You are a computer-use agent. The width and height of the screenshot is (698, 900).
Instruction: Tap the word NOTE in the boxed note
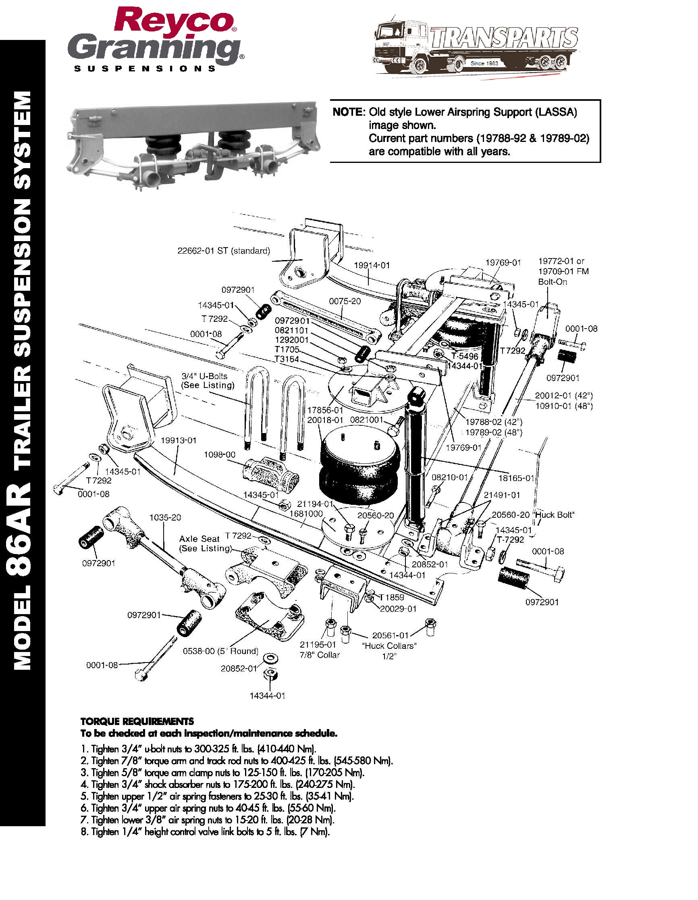click(x=348, y=112)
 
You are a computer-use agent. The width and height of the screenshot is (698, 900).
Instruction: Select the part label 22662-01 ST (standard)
click(x=224, y=250)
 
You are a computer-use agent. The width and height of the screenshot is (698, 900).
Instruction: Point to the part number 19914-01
click(x=372, y=265)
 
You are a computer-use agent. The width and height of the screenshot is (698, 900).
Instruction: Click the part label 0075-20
click(x=345, y=301)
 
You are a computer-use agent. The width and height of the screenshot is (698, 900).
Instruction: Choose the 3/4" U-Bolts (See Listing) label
click(x=208, y=380)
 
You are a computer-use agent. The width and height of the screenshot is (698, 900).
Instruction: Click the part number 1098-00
click(x=220, y=454)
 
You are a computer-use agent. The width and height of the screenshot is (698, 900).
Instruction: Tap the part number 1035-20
click(x=165, y=517)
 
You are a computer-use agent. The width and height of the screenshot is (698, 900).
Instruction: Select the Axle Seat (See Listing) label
click(x=205, y=543)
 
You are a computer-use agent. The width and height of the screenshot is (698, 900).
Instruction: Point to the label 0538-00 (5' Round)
click(x=221, y=651)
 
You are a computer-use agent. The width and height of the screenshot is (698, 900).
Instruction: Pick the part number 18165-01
click(x=516, y=478)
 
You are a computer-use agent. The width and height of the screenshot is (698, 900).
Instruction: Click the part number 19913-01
click(x=178, y=440)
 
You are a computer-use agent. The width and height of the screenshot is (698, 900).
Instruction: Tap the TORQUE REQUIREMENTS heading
click(x=137, y=721)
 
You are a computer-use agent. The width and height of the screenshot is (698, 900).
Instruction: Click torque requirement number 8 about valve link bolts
click(x=205, y=831)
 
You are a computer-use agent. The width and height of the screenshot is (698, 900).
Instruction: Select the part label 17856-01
click(x=325, y=410)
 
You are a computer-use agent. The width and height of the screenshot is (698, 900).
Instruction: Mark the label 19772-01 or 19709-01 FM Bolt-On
click(x=563, y=271)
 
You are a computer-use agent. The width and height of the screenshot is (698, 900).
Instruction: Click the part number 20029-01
click(x=398, y=608)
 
